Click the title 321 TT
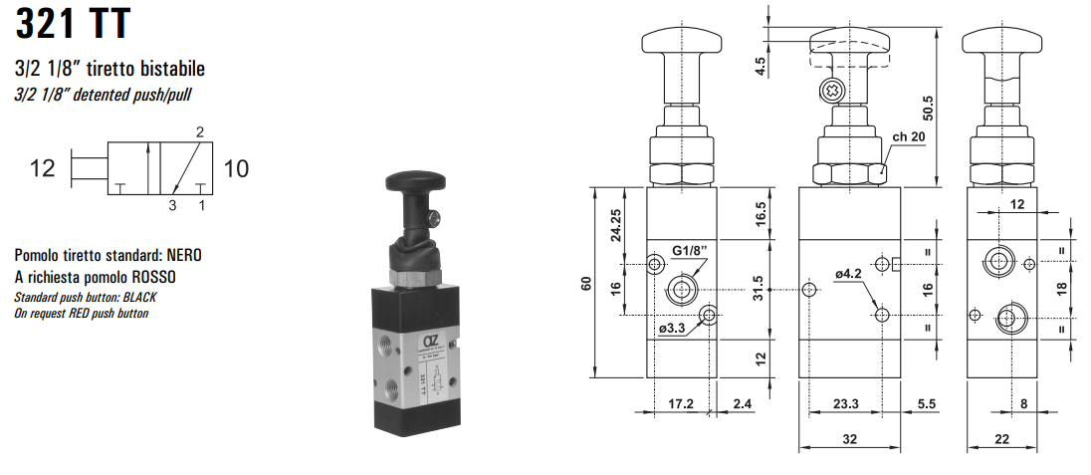coord(73,23)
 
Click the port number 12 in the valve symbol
coord(42,168)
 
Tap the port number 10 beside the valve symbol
coord(236,168)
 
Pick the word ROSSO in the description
coord(163,277)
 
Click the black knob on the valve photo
coord(410,184)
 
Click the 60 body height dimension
coord(585,283)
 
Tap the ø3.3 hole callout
coord(674,330)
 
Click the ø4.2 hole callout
coord(848,274)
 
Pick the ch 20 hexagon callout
coord(910,137)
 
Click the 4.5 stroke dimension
coord(761,67)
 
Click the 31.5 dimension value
coord(761,290)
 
